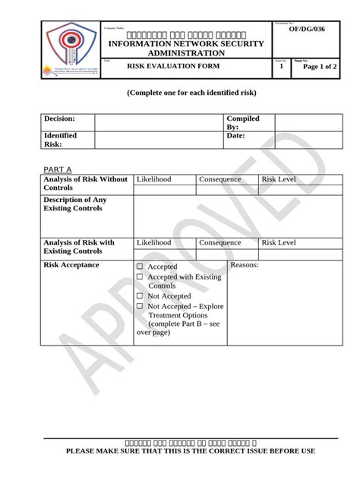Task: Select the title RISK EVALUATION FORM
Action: click(178, 67)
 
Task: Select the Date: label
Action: click(235, 135)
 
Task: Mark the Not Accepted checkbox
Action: click(140, 296)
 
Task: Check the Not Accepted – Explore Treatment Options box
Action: click(140, 306)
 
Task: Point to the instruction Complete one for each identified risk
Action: click(180, 92)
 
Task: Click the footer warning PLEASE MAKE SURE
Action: click(180, 451)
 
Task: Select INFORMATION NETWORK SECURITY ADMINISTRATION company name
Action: click(186, 49)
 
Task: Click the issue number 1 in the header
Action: click(281, 68)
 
